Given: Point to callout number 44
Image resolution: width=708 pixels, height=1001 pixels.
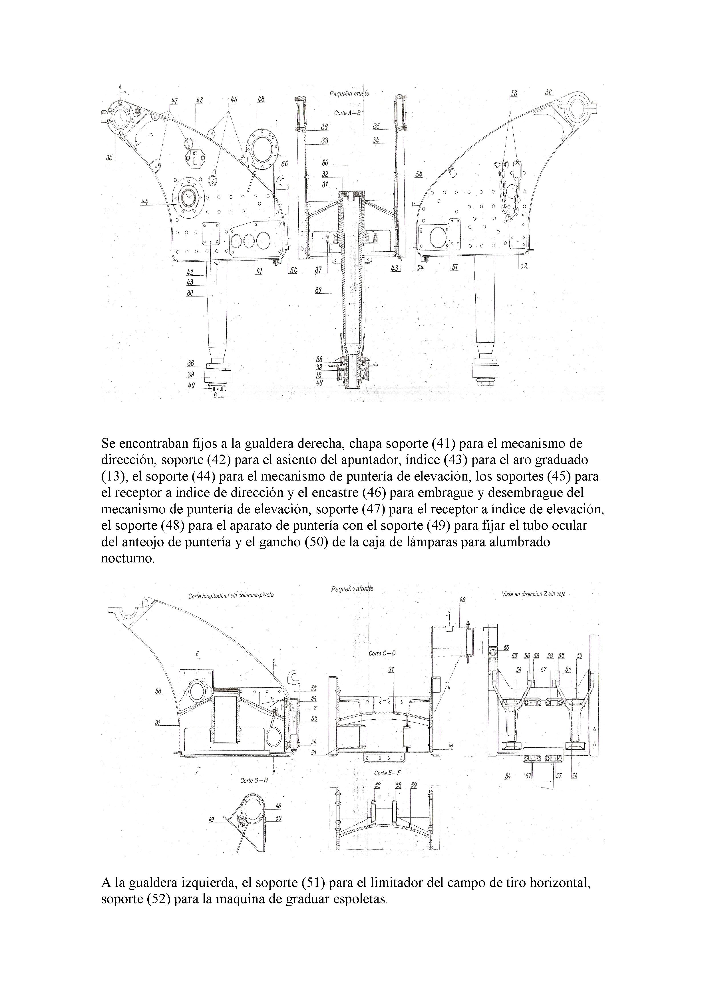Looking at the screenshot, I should pyautogui.click(x=145, y=202).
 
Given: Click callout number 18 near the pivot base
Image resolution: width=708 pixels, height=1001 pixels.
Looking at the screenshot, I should pyautogui.click(x=319, y=375).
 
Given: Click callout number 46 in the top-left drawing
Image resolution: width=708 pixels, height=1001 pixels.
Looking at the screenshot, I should pyautogui.click(x=199, y=100).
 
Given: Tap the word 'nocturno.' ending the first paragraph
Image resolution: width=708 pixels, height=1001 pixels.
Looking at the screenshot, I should pyautogui.click(x=128, y=558).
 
